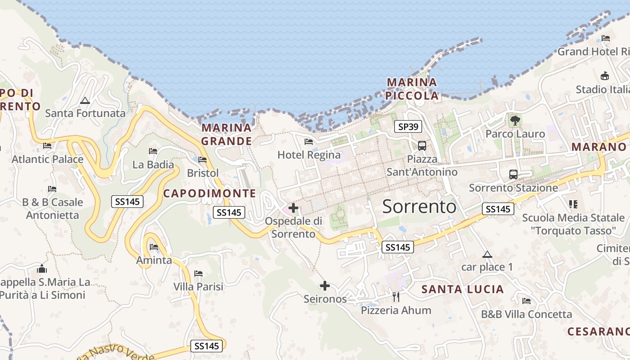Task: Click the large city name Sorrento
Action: pyautogui.click(x=419, y=207)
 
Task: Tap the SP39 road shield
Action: pyautogui.click(x=408, y=127)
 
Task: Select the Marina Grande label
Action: pyautogui.click(x=226, y=134)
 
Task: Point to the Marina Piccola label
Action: pyautogui.click(x=412, y=89)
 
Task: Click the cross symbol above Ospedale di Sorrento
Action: pyautogui.click(x=293, y=208)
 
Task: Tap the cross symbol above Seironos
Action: pyautogui.click(x=324, y=286)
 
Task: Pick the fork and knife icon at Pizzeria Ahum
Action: pyautogui.click(x=396, y=297)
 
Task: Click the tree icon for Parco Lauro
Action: pyautogui.click(x=515, y=121)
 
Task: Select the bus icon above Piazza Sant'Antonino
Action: pyautogui.click(x=422, y=145)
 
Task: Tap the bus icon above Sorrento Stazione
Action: pyautogui.click(x=513, y=174)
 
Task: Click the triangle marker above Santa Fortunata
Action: pyautogui.click(x=85, y=100)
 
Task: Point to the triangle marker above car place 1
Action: pyautogui.click(x=487, y=254)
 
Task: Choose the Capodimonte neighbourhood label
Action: pyautogui.click(x=209, y=193)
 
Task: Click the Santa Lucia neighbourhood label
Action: pyautogui.click(x=462, y=289)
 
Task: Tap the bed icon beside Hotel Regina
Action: pyautogui.click(x=309, y=142)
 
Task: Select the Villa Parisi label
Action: pyautogui.click(x=198, y=286)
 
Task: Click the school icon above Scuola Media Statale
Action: pyautogui.click(x=573, y=204)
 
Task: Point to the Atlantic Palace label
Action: pyautogui.click(x=47, y=159)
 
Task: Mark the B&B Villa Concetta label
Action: pyautogui.click(x=526, y=314)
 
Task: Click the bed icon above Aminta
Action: pyautogui.click(x=154, y=247)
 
